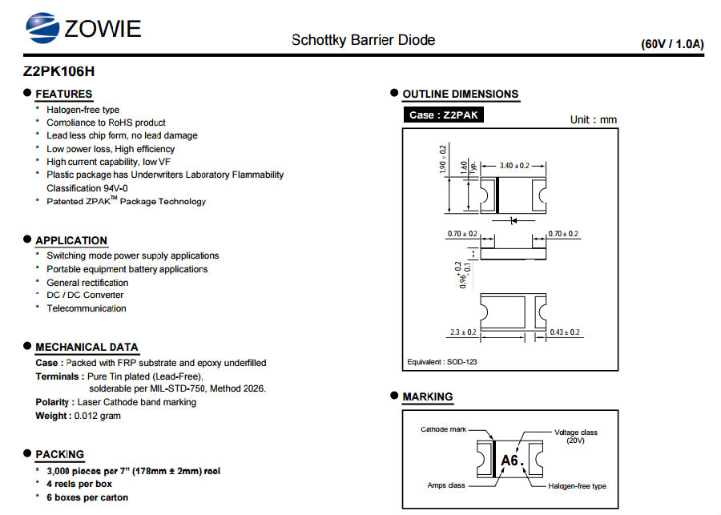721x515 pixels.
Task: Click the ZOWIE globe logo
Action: (x=42, y=27)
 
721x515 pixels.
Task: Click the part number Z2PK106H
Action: (x=58, y=71)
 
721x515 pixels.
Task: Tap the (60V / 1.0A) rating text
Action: (x=672, y=44)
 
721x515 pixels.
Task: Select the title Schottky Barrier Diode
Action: (x=363, y=40)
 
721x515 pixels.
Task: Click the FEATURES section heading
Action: (x=64, y=94)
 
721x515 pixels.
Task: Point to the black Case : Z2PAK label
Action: (x=443, y=115)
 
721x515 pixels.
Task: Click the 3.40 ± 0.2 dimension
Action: (x=514, y=166)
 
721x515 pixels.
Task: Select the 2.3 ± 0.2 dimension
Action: (x=463, y=332)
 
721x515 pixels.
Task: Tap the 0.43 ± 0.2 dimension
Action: (x=565, y=332)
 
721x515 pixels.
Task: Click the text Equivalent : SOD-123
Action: (x=442, y=362)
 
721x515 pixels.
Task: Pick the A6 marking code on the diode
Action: (x=510, y=461)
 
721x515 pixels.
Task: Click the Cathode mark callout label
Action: (x=443, y=429)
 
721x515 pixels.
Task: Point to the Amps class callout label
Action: (x=446, y=485)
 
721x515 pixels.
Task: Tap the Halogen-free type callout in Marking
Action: (x=577, y=486)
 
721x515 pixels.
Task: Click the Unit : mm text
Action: (x=594, y=120)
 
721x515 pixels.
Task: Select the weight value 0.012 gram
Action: (x=98, y=416)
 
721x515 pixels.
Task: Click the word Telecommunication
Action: (x=87, y=308)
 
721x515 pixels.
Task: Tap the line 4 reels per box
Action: (x=79, y=484)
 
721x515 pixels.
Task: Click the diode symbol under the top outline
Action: (x=514, y=221)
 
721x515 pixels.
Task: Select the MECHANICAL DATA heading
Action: (x=87, y=347)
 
